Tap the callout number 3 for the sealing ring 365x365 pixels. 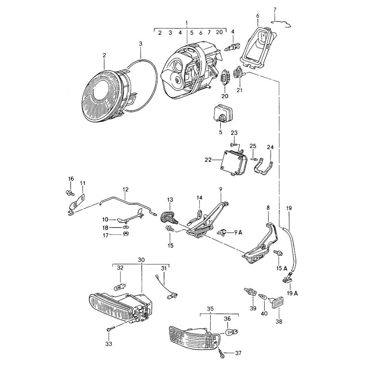141,44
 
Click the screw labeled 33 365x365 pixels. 109,330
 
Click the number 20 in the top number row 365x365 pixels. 219,32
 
